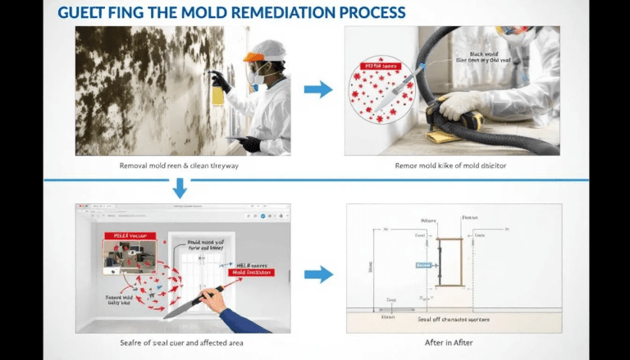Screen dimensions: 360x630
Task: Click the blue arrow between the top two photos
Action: pyautogui.click(x=318, y=89)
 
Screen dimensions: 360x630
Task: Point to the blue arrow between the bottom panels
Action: pyautogui.click(x=318, y=275)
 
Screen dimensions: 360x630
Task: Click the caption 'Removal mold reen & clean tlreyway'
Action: pyautogui.click(x=180, y=165)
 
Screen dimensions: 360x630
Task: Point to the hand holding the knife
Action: pyautogui.click(x=217, y=303)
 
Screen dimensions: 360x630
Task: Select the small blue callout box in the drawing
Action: pyautogui.click(x=423, y=266)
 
